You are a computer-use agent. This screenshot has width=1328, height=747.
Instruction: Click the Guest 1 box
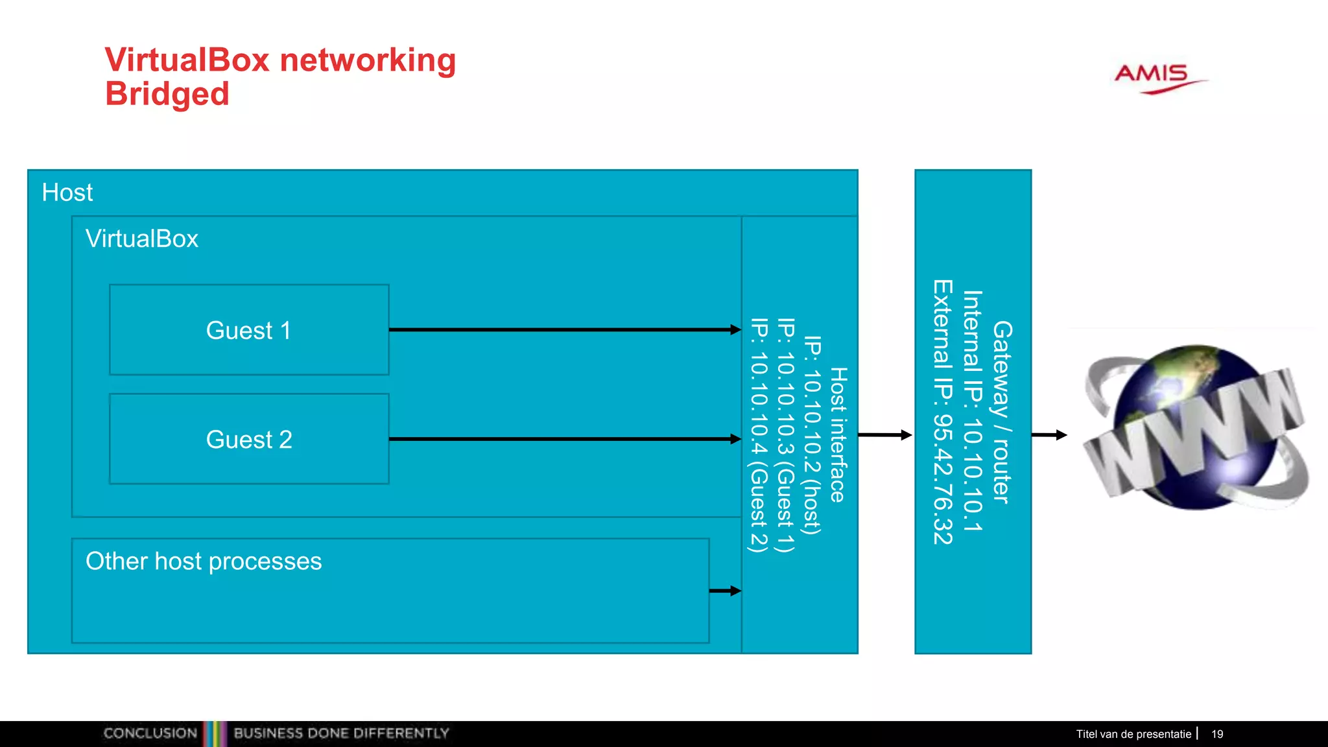(249, 330)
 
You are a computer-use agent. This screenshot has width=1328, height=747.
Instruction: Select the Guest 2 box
(249, 439)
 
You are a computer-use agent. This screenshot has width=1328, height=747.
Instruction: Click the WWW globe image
(1195, 429)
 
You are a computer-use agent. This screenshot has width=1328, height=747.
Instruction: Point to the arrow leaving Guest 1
(564, 330)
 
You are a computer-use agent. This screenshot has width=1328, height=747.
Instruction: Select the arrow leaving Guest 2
(564, 439)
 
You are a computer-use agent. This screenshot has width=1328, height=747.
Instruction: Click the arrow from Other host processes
(725, 591)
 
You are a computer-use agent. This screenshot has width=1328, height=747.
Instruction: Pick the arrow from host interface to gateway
(885, 435)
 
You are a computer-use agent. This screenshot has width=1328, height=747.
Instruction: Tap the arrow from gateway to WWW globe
(1049, 435)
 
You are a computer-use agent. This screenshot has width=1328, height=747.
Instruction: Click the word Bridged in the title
(167, 94)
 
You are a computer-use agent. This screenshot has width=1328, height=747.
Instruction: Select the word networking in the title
(368, 60)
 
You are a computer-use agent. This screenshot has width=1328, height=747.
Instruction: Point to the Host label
(67, 193)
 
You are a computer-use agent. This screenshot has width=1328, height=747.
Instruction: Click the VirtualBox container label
(142, 239)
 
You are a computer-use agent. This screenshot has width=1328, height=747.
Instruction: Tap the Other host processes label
(204, 561)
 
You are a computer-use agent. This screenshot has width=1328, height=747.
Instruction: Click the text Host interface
(838, 434)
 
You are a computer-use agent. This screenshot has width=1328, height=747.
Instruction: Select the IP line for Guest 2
(759, 434)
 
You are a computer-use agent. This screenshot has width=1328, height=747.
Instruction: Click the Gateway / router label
(1002, 412)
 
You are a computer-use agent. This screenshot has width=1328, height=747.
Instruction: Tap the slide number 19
(1217, 734)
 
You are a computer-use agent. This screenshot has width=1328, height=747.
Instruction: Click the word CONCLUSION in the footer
(150, 733)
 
